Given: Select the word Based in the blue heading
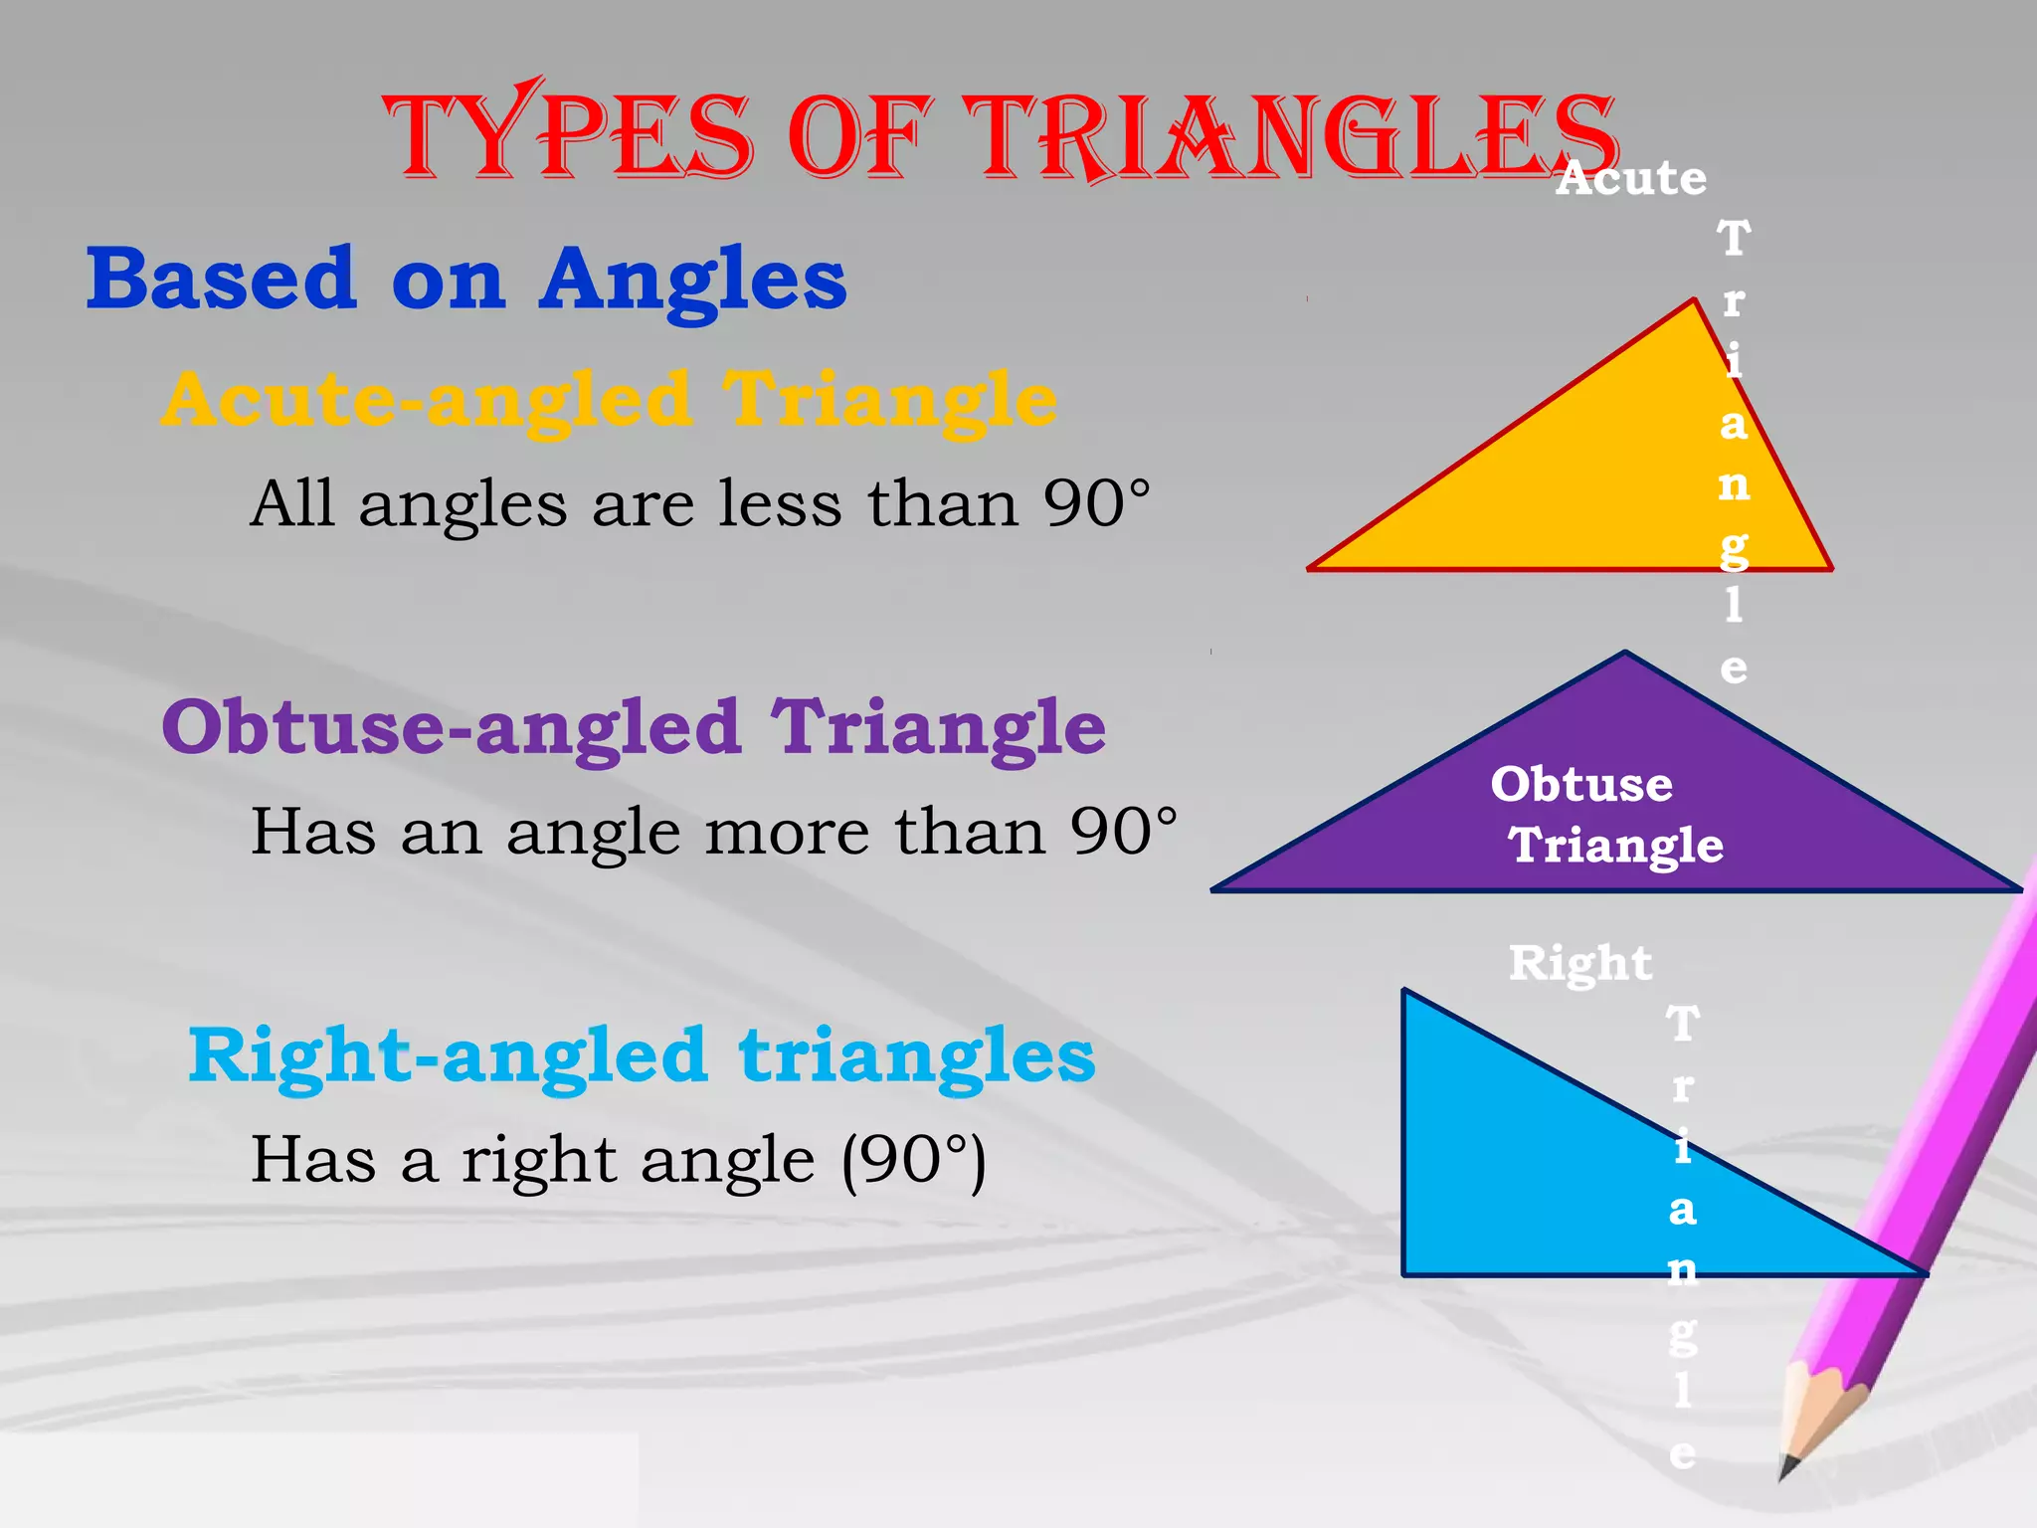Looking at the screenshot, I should point(221,280).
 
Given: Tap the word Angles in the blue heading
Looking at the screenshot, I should point(692,282).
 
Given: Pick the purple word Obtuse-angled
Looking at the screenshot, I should point(452,728).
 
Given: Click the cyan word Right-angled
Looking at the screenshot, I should point(448,1056).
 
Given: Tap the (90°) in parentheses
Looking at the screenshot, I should point(914,1160).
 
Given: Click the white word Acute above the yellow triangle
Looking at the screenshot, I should point(1631,179).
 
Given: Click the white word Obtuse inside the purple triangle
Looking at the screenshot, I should point(1581,784).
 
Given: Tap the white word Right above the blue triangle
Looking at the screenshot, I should point(1579,963).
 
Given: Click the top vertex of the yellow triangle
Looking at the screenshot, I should point(1694,300).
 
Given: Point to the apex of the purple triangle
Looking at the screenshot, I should point(1625,654).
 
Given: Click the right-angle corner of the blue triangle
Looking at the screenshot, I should point(1404,1273).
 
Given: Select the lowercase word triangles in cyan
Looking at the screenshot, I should point(916,1056).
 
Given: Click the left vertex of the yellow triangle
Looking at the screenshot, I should point(1311,568).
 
